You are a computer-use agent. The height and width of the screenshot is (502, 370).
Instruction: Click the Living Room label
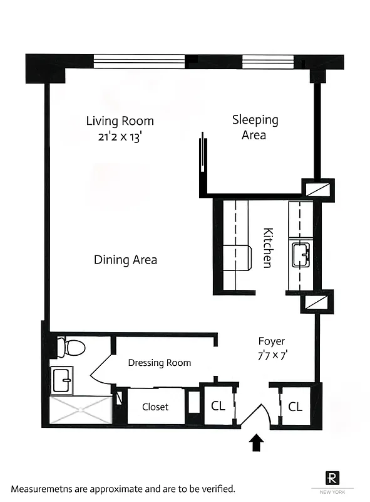(x=120, y=121)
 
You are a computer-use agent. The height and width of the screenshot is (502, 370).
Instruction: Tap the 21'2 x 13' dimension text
(x=120, y=138)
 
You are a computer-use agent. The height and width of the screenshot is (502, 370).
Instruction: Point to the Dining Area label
(x=125, y=260)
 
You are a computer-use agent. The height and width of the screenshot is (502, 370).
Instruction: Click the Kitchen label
(x=267, y=248)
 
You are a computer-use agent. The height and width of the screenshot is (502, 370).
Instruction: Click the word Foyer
(x=272, y=341)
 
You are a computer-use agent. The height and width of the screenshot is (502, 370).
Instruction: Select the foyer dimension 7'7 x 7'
(x=272, y=355)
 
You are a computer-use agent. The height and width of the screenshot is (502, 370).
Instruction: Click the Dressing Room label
(x=159, y=363)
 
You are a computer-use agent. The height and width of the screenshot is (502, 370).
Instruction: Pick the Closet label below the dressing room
(x=155, y=407)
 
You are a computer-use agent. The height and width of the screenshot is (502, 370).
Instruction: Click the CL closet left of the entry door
(x=217, y=406)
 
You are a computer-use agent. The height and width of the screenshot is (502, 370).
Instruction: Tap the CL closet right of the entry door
(x=295, y=407)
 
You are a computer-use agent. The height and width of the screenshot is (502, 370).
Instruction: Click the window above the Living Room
(x=139, y=61)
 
